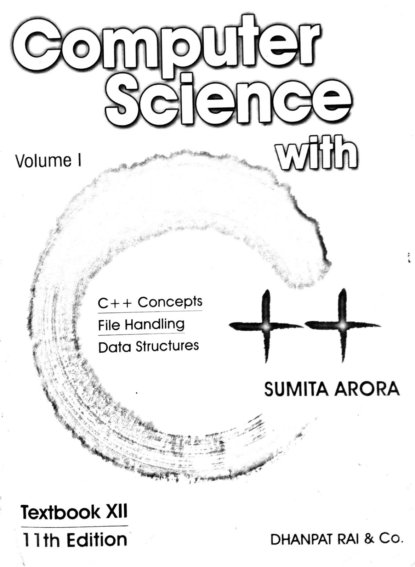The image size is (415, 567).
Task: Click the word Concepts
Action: (x=170, y=302)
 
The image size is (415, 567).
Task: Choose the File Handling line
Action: (x=141, y=325)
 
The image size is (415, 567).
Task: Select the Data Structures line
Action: (x=148, y=346)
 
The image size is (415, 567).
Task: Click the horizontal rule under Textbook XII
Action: (x=74, y=526)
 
